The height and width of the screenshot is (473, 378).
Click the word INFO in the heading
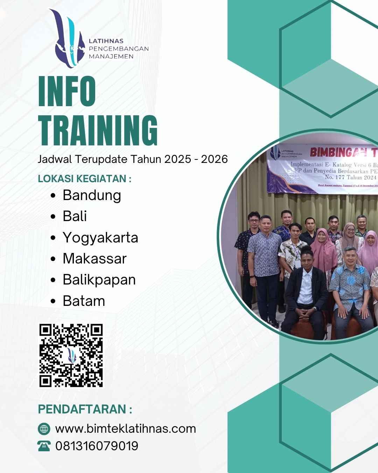[67, 91]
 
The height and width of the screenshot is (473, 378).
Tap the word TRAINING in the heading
[98, 130]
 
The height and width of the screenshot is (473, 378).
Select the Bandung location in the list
[92, 196]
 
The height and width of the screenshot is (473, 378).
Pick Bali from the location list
[75, 216]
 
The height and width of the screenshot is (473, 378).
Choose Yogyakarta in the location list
[100, 238]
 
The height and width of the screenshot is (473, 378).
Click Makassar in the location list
[94, 259]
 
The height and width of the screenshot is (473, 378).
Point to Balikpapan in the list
[99, 280]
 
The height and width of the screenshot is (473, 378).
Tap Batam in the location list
[84, 301]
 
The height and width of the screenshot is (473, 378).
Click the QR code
[71, 355]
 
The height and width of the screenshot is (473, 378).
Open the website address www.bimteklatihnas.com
[125, 429]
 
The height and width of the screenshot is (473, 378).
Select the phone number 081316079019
[97, 446]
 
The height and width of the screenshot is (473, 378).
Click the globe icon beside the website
[44, 429]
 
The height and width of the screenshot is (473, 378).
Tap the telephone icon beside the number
[44, 446]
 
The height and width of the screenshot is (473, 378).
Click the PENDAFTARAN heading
[85, 409]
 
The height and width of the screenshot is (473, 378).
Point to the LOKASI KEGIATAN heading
[84, 179]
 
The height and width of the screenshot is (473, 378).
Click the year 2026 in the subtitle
[214, 159]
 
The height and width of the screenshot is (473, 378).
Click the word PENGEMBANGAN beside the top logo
[119, 49]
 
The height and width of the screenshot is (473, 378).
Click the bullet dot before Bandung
[53, 196]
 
